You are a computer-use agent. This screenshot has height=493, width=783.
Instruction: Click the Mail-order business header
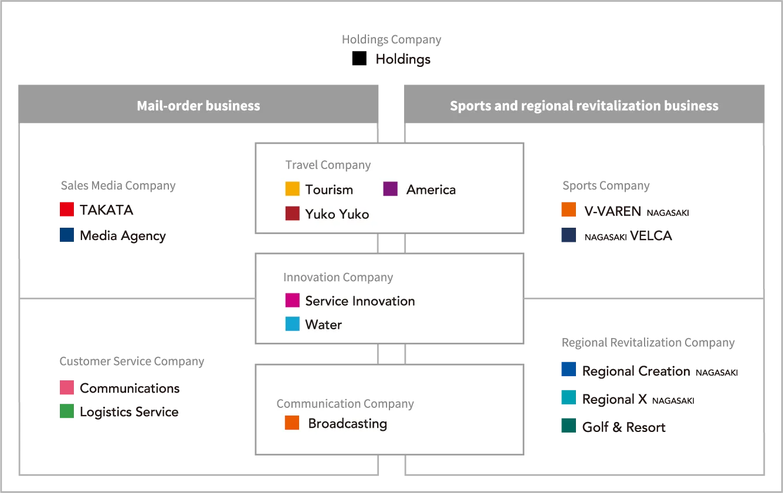198,106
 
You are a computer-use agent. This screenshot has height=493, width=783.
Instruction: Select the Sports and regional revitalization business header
584,106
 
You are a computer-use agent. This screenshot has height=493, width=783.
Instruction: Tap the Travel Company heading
328,165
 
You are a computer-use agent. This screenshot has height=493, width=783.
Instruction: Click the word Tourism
329,190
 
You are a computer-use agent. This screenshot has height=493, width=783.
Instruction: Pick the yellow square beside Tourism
292,189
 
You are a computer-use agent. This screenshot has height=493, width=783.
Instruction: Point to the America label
431,190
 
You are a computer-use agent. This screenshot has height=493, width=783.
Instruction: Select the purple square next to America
390,189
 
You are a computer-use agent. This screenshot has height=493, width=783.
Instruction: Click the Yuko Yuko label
337,214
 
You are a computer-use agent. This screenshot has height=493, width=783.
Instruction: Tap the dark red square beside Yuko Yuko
292,214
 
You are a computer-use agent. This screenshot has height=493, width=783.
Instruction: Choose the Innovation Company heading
338,277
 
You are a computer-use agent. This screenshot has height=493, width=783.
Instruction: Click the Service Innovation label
360,301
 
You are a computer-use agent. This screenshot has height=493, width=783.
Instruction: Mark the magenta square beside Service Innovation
292,300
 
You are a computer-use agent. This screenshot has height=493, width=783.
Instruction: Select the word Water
323,325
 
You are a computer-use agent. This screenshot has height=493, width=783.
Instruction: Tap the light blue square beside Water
292,324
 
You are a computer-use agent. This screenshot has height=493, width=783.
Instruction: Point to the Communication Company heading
345,404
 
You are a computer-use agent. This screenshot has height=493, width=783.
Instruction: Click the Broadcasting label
347,423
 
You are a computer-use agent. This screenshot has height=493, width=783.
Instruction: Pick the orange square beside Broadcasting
292,423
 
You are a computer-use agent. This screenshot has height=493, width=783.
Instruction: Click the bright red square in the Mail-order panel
66,210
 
